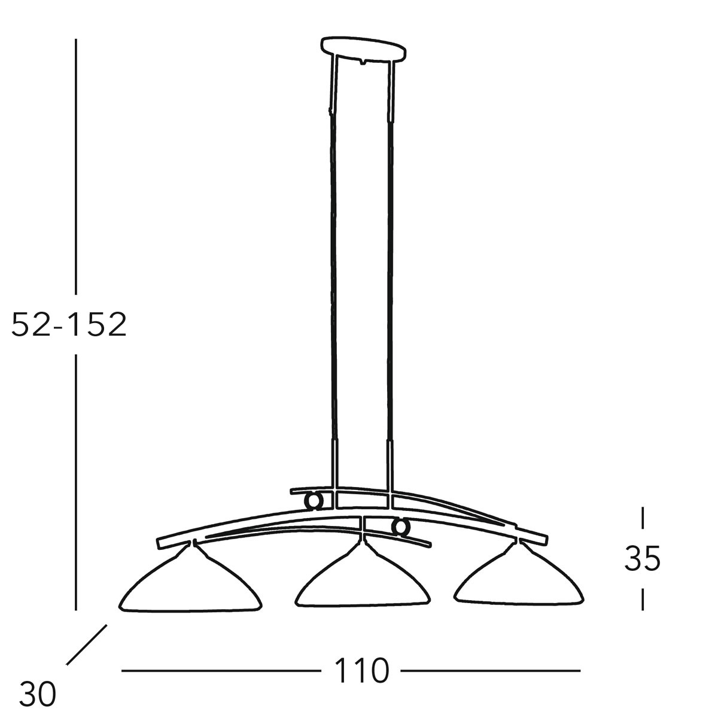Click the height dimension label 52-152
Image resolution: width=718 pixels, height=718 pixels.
click(x=69, y=324)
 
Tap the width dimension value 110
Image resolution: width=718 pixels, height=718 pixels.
click(x=361, y=671)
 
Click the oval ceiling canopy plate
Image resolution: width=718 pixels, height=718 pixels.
click(x=363, y=48)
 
